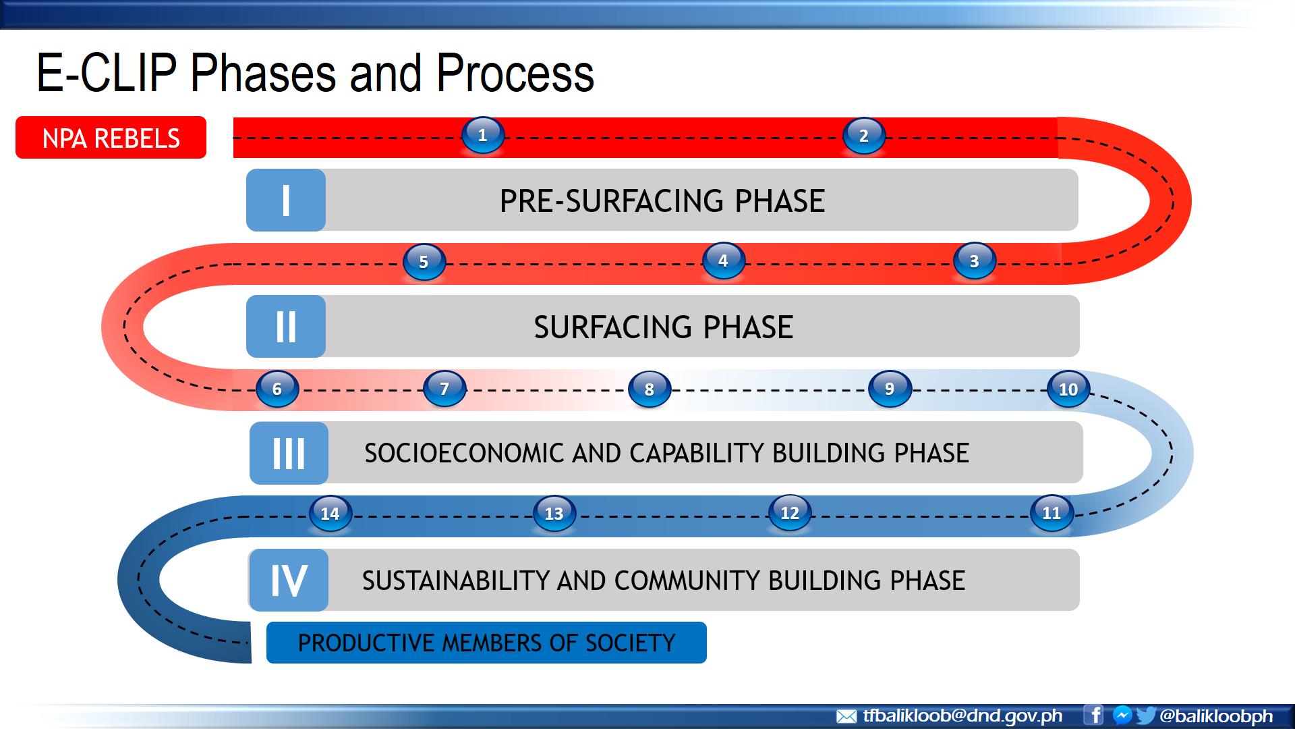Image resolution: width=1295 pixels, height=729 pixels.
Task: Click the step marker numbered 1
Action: coord(482,135)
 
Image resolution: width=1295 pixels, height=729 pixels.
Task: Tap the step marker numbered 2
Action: coord(863,136)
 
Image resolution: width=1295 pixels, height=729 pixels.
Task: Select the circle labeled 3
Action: coord(974,261)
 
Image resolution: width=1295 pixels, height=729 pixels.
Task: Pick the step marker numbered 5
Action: coord(424,262)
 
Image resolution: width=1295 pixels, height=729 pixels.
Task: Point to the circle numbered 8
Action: coord(649,389)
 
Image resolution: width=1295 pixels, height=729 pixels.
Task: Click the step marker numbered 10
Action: coord(1068,389)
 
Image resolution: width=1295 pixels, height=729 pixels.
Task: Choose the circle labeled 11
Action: coord(1052,513)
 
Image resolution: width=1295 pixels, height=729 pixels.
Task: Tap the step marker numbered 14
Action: coord(330,514)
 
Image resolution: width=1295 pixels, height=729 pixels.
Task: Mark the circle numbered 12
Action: coord(789,513)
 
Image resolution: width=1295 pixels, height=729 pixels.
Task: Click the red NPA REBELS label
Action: coord(111,138)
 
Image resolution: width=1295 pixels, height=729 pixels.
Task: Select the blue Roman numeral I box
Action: coord(286,200)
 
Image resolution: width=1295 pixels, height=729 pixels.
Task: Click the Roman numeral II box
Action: coord(286,327)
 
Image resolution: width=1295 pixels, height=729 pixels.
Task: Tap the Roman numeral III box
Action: coord(289,453)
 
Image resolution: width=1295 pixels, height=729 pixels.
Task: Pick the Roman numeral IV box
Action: coord(289,580)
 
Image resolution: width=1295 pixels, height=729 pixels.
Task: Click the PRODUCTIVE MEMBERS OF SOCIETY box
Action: coord(486,643)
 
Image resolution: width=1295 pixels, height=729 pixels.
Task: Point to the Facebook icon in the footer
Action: coord(1093,715)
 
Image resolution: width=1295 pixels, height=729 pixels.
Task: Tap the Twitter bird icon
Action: coord(1145,715)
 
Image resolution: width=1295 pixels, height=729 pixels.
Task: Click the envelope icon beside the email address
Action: coord(846,716)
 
